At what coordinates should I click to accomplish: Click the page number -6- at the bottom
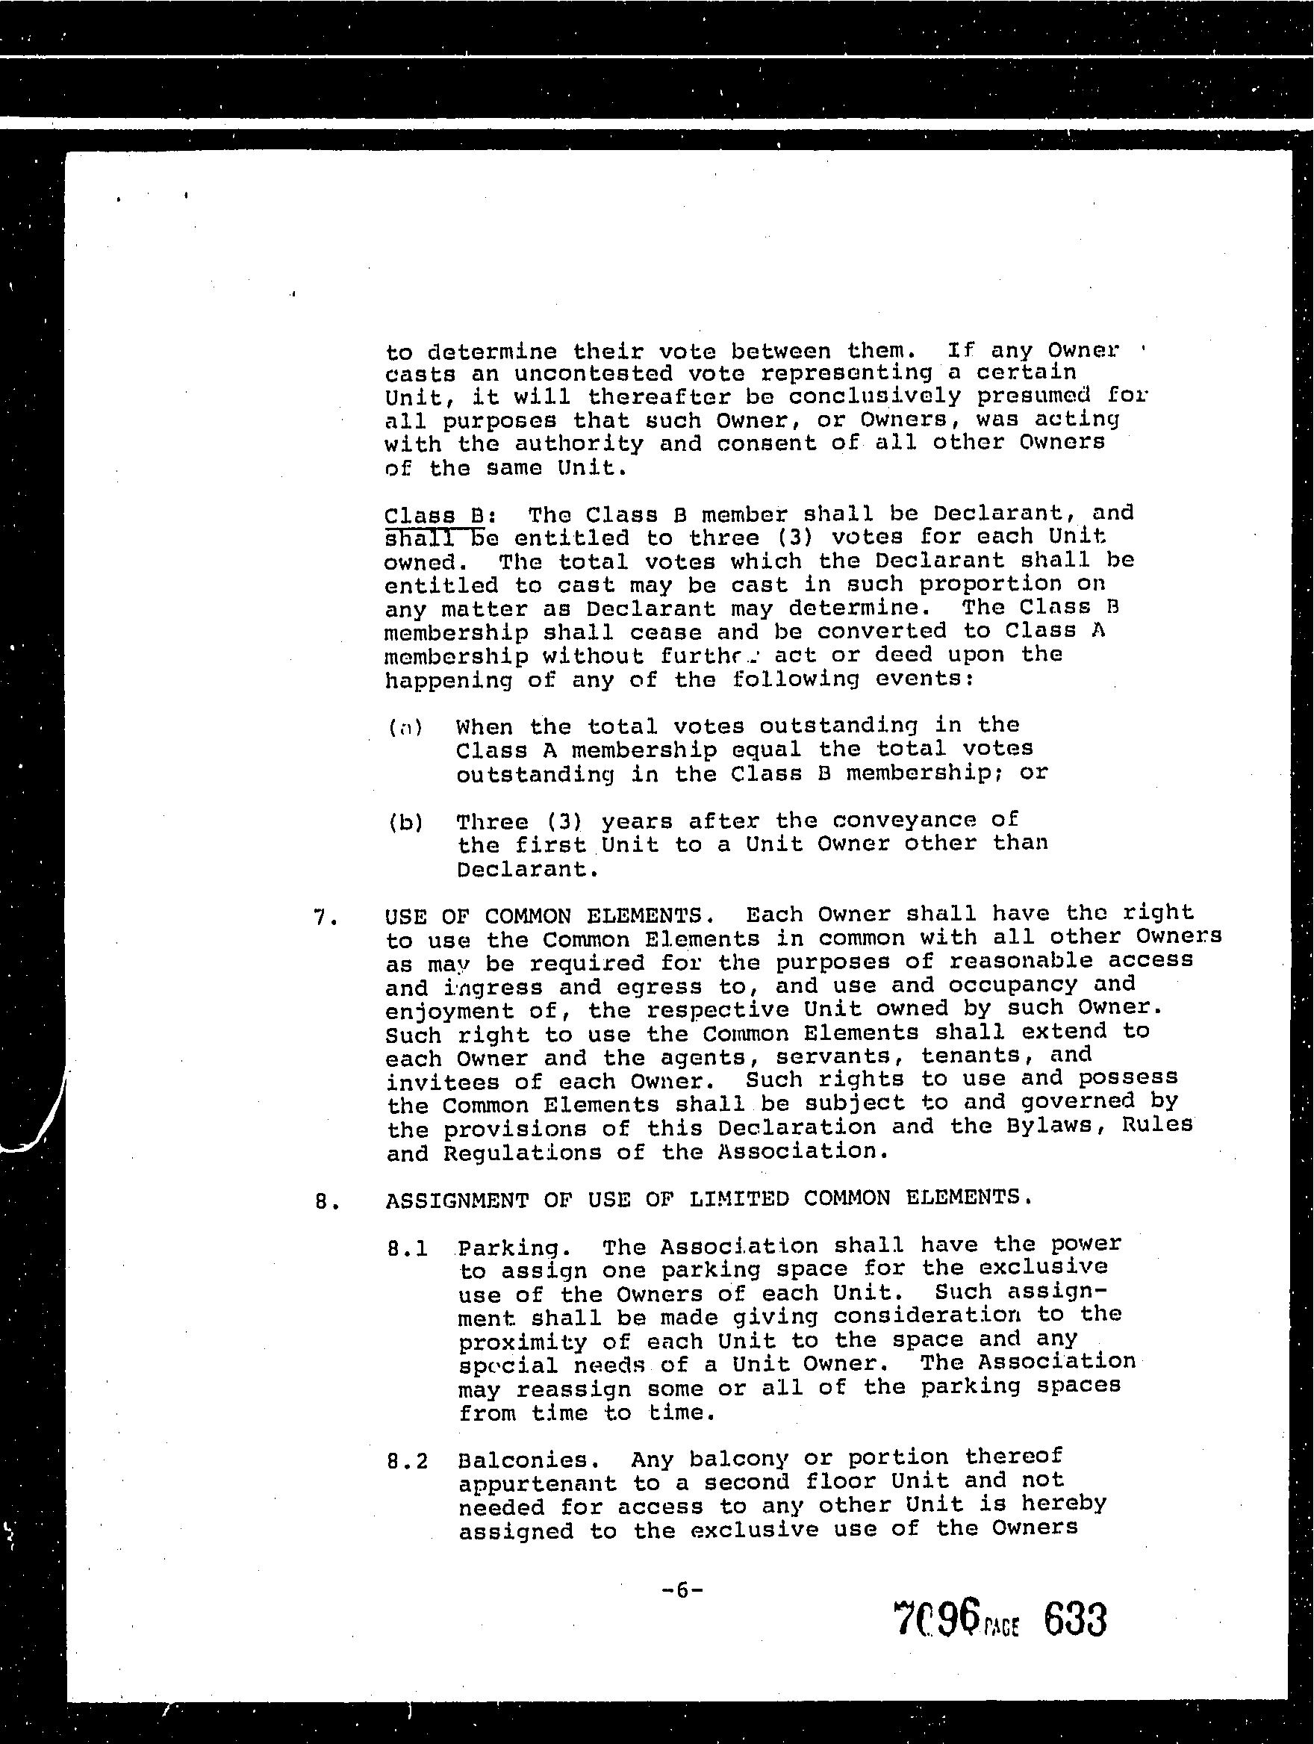coord(682,1590)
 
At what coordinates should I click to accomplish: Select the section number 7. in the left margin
coord(326,918)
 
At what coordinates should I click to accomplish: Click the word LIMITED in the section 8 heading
coord(738,1199)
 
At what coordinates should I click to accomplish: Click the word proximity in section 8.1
coord(522,1342)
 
